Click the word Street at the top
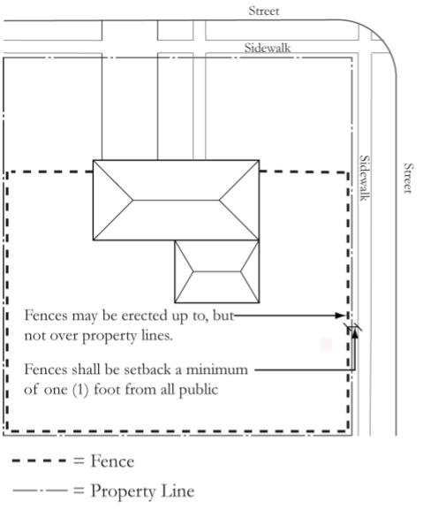click(x=264, y=11)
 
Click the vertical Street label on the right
click(x=408, y=179)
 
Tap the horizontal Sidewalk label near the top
click(x=268, y=48)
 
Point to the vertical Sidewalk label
click(x=365, y=178)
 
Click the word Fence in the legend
click(x=112, y=461)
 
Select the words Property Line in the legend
click(x=142, y=491)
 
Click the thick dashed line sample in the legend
click(x=40, y=461)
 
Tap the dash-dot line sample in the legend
click(x=40, y=491)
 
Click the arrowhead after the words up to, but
click(x=339, y=316)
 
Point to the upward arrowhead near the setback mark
click(x=355, y=334)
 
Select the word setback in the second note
click(x=147, y=369)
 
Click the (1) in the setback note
click(x=80, y=390)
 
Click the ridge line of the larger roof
click(x=176, y=200)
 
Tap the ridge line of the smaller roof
click(x=216, y=271)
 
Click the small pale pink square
click(x=326, y=344)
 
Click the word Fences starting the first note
click(x=46, y=316)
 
